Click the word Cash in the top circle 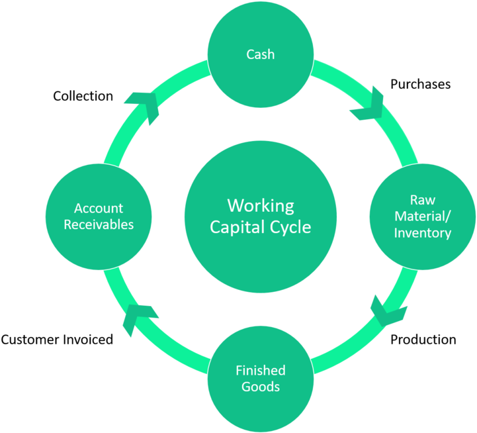[x=260, y=54]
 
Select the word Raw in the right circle [x=422, y=200]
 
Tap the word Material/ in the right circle [x=422, y=216]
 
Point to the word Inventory [x=422, y=233]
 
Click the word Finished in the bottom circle [x=260, y=370]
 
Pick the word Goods [x=260, y=387]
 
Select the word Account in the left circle [x=99, y=209]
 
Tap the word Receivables [x=99, y=224]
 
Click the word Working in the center [x=260, y=205]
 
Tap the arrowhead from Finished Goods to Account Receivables [x=139, y=318]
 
